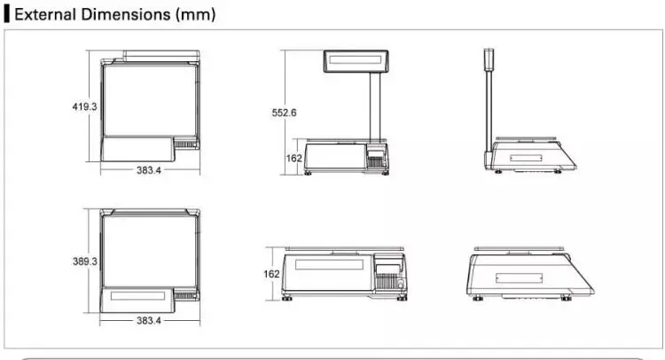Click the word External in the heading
coord(46,14)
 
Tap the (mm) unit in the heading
coord(196,15)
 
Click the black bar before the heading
coord(7,14)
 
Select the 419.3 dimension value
coord(84,106)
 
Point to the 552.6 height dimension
coord(284,113)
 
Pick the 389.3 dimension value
coord(85,262)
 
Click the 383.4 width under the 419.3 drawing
coord(149,170)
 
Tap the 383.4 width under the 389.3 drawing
coord(149,321)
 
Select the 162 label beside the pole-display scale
coord(293,158)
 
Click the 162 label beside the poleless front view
coord(271,274)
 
